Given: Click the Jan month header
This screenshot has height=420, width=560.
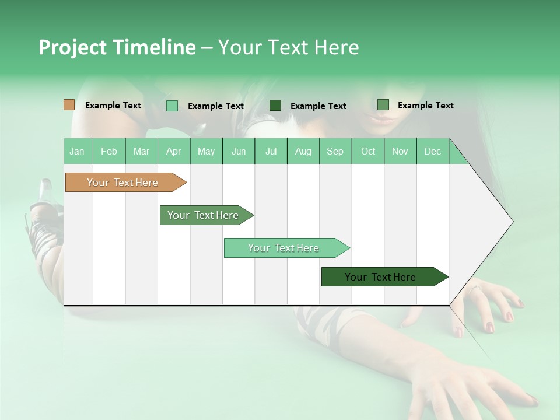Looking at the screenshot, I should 77,151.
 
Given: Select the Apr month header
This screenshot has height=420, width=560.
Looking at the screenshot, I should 173,151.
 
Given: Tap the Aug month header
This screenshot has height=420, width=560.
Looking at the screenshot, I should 303,151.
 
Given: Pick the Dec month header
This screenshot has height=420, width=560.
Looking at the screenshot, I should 432,151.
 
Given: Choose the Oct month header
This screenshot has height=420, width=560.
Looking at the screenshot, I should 368,151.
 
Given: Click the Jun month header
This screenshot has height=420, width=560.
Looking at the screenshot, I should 239,151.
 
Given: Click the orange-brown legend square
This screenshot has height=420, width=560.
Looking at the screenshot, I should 69,105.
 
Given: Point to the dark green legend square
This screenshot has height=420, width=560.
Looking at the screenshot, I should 275,106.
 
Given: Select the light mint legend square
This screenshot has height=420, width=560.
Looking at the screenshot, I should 172,106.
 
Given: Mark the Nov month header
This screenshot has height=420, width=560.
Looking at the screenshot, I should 400,151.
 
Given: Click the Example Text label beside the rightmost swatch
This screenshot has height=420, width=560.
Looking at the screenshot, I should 425,106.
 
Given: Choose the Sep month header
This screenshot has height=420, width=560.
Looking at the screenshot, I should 335,151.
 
